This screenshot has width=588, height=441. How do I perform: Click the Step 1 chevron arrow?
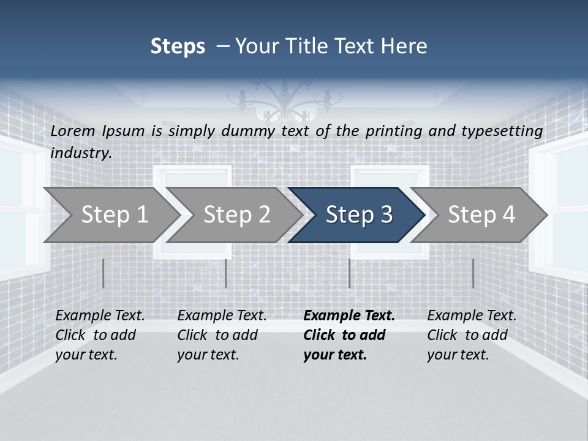[x=113, y=215]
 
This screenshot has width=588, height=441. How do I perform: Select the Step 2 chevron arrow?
[x=236, y=215]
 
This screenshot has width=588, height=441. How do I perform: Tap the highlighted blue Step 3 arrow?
[x=358, y=215]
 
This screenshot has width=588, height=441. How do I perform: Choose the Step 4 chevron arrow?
[x=481, y=215]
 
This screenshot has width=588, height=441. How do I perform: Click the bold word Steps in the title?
[x=178, y=47]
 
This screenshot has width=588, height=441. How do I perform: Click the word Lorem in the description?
[x=73, y=130]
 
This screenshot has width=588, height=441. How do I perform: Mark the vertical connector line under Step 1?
[x=104, y=273]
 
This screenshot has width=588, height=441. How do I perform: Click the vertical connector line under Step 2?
[x=226, y=273]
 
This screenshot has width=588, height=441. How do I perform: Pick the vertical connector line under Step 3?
[x=349, y=273]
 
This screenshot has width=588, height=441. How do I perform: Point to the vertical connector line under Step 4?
[x=473, y=273]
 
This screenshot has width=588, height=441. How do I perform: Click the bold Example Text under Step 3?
[x=349, y=315]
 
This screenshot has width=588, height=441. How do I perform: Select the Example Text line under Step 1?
[x=100, y=315]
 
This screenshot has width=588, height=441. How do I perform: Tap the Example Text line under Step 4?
[x=472, y=315]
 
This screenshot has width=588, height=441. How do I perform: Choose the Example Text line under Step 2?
[x=222, y=315]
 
